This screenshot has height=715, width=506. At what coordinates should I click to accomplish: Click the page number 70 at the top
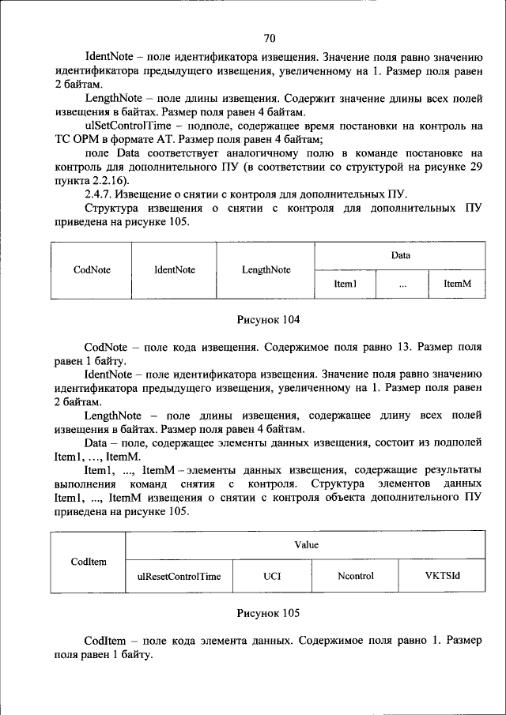[269, 38]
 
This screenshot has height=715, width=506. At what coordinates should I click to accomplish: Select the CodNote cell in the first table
[92, 269]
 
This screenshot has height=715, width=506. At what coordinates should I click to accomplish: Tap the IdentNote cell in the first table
[175, 269]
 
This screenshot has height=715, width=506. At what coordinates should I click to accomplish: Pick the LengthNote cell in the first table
[266, 269]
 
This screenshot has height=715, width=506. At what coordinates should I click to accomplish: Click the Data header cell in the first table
[400, 255]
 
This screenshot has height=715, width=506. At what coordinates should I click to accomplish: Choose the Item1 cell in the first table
[346, 284]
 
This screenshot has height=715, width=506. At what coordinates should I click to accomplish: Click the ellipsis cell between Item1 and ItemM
[402, 284]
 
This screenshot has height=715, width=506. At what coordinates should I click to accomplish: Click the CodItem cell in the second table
[89, 562]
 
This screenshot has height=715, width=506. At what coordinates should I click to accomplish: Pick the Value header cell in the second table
[306, 545]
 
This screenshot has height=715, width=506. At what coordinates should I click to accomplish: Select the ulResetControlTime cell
[179, 577]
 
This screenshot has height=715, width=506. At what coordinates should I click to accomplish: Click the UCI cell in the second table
[272, 577]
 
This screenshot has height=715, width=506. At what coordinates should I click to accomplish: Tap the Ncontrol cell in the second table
[355, 577]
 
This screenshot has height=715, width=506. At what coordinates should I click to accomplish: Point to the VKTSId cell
[442, 576]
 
